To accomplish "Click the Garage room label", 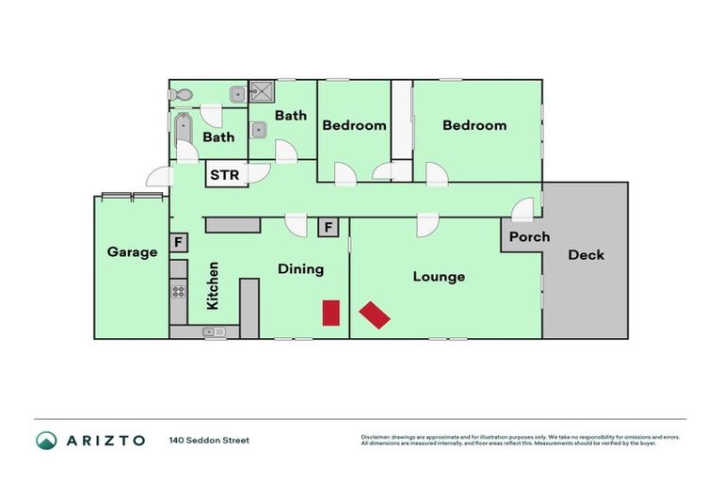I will tap(132, 252).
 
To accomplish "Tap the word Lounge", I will tap(439, 277).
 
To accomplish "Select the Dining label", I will tap(300, 269).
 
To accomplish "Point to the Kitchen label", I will tap(213, 285).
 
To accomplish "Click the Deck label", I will tap(586, 254).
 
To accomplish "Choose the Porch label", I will tap(529, 236).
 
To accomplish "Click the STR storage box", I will tap(224, 174).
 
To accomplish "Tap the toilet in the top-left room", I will tap(184, 94).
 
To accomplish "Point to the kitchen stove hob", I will tap(178, 291).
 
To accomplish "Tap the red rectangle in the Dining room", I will tap(330, 313).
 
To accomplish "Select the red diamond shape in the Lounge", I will tap(375, 314).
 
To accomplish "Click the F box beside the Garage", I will tap(177, 242).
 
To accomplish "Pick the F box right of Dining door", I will tap(328, 227).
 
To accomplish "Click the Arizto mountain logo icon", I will tap(46, 440).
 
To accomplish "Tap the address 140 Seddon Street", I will tap(209, 440).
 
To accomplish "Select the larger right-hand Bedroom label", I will tap(474, 125).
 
